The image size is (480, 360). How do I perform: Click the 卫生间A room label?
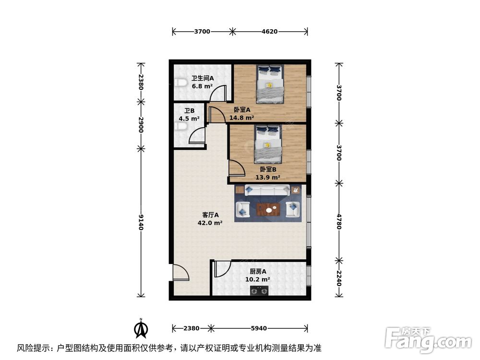point(202,78)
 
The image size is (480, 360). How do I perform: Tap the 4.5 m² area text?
point(189,119)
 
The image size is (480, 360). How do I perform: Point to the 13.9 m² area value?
point(268,177)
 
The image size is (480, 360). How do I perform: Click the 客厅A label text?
point(210,215)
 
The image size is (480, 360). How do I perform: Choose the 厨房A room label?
point(258,271)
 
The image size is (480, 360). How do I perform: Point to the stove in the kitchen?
point(259,290)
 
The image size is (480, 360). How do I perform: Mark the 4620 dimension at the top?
point(269,32)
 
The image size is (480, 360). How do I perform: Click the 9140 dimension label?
point(141,222)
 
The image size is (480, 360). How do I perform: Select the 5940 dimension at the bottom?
point(258,328)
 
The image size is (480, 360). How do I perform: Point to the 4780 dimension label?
point(339,221)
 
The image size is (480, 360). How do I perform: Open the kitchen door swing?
point(222,269)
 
